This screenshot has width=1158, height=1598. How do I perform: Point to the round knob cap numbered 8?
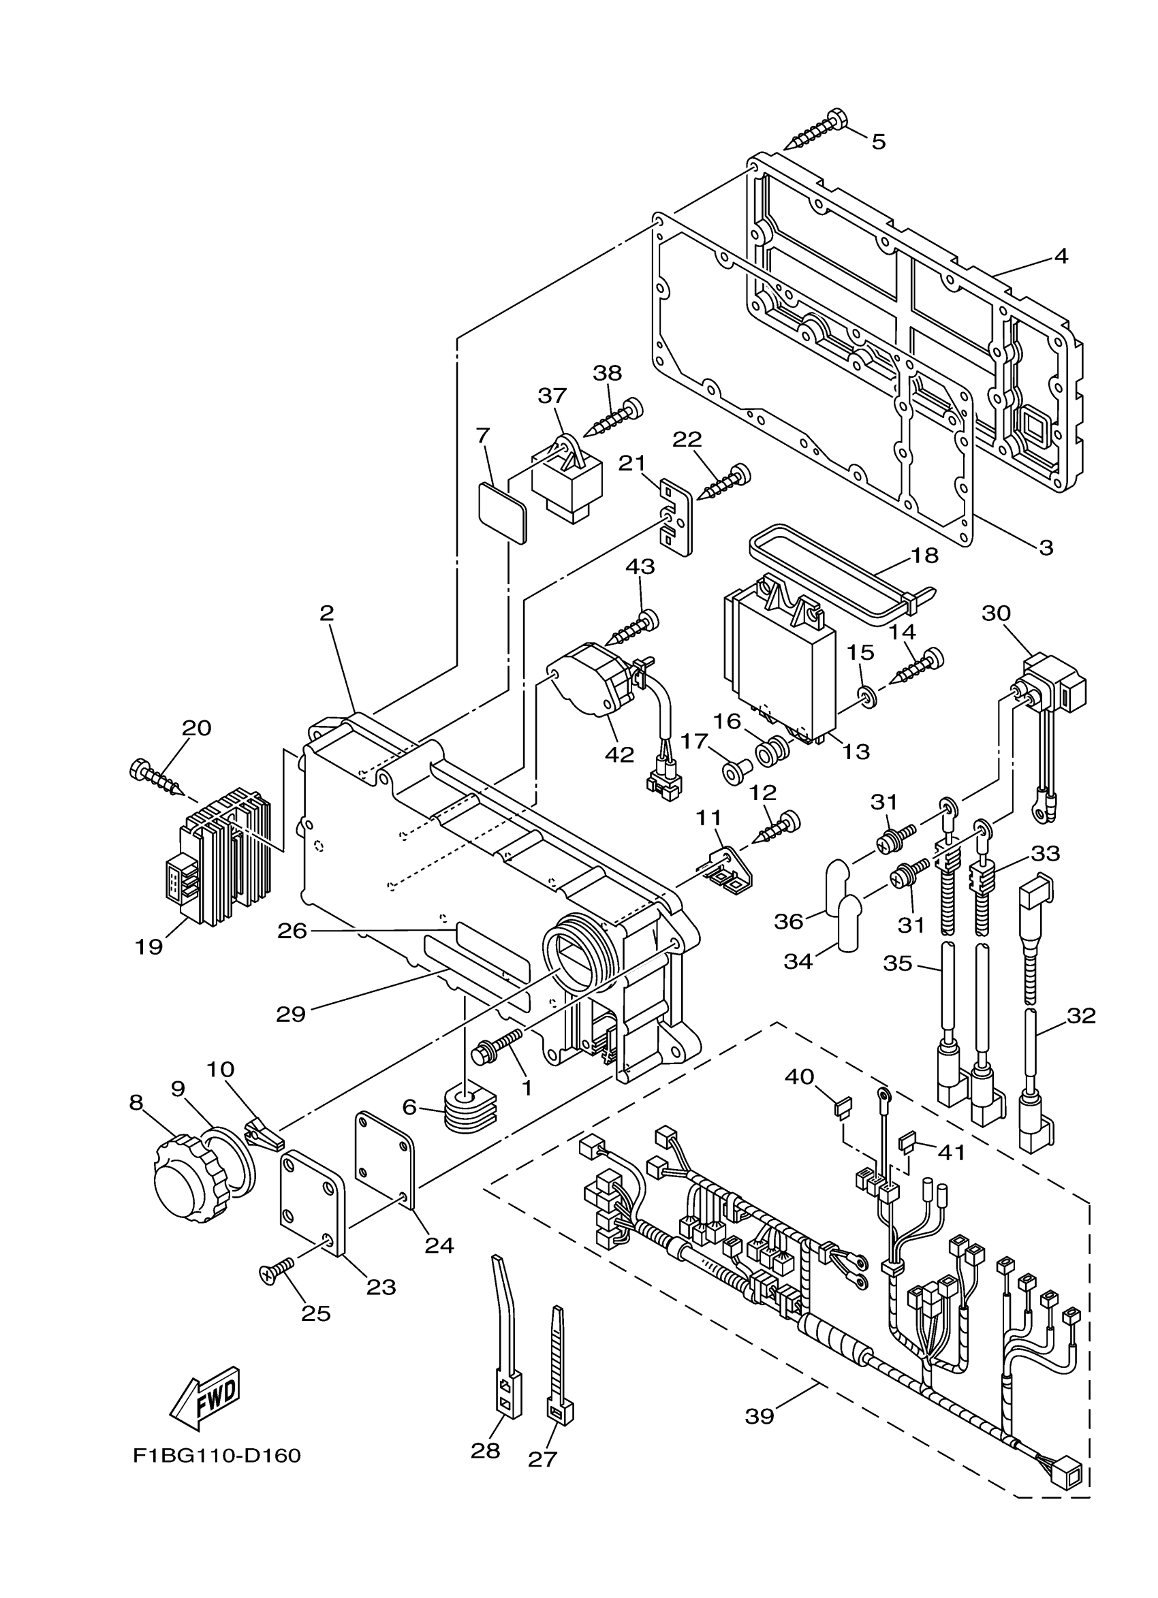tap(185, 1185)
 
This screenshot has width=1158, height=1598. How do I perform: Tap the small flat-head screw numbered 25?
tap(278, 1272)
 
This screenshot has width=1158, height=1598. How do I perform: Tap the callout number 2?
tap(326, 613)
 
